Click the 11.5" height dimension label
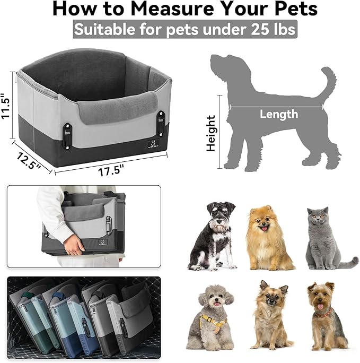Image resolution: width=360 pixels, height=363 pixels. [x=6, y=108]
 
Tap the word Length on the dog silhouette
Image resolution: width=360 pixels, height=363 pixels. [x=278, y=114]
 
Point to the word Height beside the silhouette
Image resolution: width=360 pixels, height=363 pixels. [x=212, y=133]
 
